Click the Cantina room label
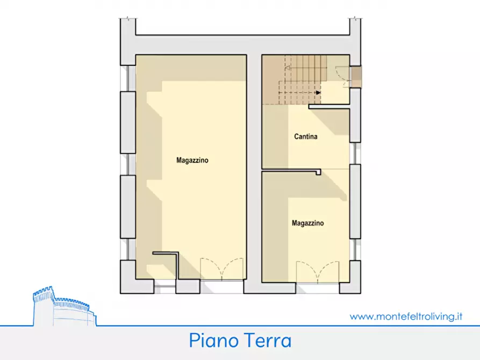[305, 136]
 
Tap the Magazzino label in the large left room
[192, 160]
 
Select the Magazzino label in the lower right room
[307, 222]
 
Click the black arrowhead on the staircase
[318, 92]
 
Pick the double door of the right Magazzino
[318, 272]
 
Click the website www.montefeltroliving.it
[406, 316]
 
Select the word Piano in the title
[212, 341]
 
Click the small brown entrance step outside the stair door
[356, 76]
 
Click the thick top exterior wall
[242, 45]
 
